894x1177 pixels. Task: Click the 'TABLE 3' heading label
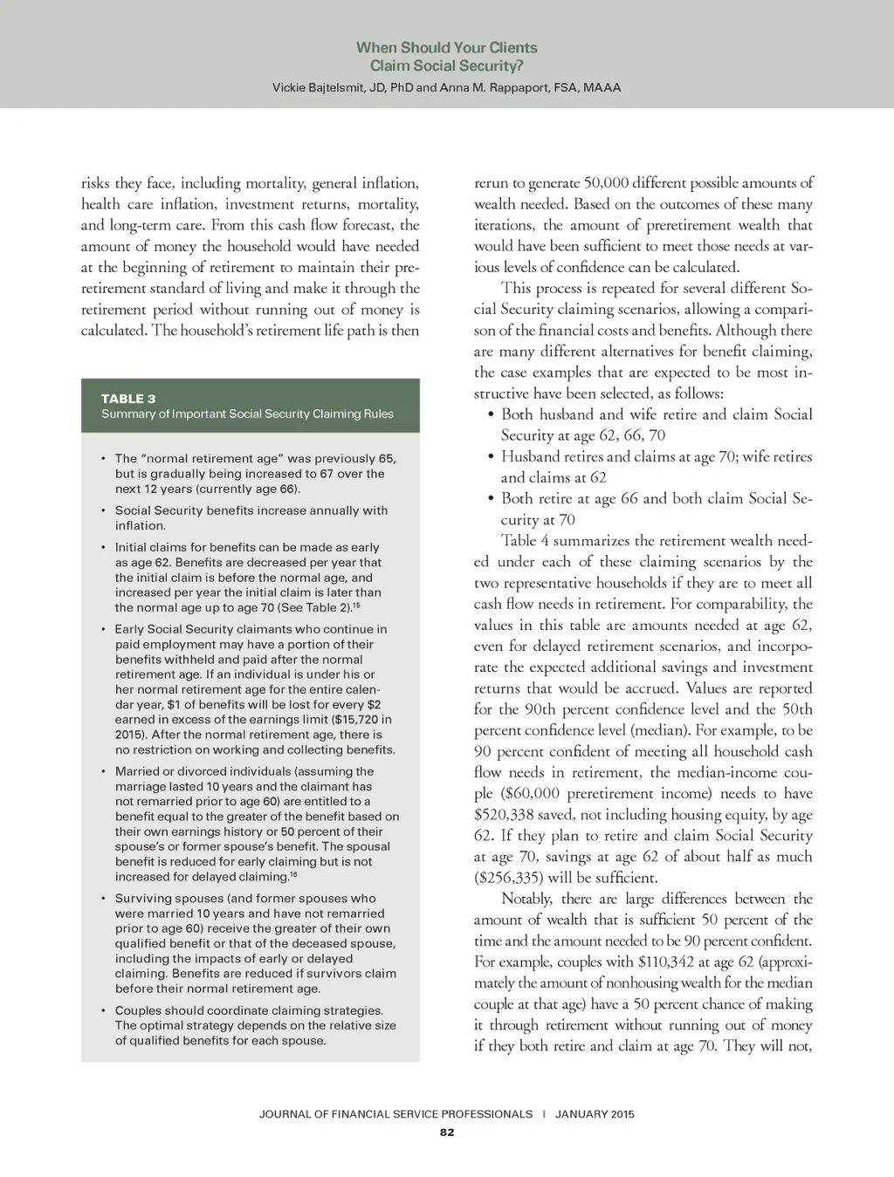coord(128,399)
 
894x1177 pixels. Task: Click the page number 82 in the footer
coord(447,1133)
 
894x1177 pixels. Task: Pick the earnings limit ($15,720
coord(358,720)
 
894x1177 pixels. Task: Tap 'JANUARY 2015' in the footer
coord(595,1114)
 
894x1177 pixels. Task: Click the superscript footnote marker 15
coord(356,605)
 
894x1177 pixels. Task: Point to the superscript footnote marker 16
coord(293,874)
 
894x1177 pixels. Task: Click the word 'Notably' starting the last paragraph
coord(526,899)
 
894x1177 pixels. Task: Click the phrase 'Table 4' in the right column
coord(525,541)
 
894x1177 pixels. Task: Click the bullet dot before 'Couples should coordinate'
coord(103,1011)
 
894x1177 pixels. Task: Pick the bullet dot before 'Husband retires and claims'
coord(492,456)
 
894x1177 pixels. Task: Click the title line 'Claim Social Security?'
coord(447,66)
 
